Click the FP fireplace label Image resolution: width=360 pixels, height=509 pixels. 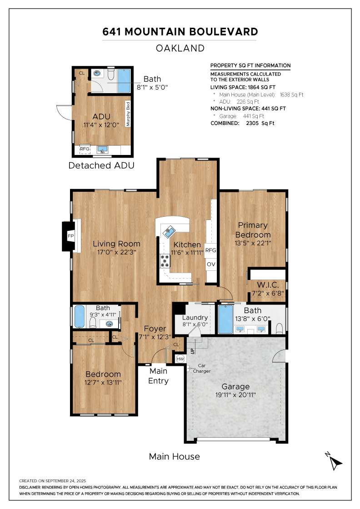70,236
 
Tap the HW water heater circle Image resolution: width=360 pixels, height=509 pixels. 180,359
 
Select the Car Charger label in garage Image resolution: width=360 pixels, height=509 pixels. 201,368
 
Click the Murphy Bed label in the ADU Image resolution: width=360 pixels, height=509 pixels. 128,114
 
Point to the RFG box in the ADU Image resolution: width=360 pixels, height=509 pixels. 85,149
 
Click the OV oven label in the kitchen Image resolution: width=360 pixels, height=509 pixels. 211,264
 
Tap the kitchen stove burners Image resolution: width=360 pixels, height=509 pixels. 165,261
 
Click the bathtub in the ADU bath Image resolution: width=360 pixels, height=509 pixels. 124,80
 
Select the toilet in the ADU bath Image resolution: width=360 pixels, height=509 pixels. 111,74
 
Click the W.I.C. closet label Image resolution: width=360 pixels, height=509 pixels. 268,285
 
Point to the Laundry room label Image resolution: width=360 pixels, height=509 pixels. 195,318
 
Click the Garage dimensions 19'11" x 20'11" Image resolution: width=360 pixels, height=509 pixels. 235,395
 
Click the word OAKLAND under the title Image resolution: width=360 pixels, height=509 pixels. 180,48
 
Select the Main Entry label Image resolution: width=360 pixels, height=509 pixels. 159,376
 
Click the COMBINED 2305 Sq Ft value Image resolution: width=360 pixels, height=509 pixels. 260,123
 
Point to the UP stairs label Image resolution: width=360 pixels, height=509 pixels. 192,351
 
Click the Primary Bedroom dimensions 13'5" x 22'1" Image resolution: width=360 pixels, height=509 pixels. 253,243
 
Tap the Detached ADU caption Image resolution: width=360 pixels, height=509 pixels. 101,165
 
